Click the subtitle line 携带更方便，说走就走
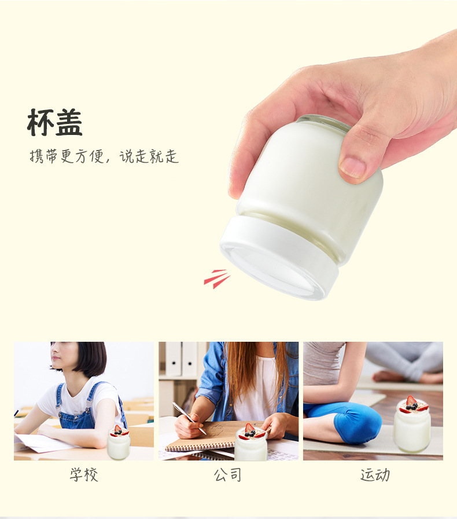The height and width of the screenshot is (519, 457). click(x=104, y=156)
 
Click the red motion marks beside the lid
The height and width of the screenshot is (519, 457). click(x=217, y=279)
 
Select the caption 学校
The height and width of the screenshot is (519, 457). click(x=84, y=475)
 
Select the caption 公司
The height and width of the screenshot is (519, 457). click(x=228, y=475)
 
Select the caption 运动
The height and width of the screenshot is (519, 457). click(x=375, y=475)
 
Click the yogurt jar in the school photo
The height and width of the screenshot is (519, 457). click(x=119, y=445)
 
